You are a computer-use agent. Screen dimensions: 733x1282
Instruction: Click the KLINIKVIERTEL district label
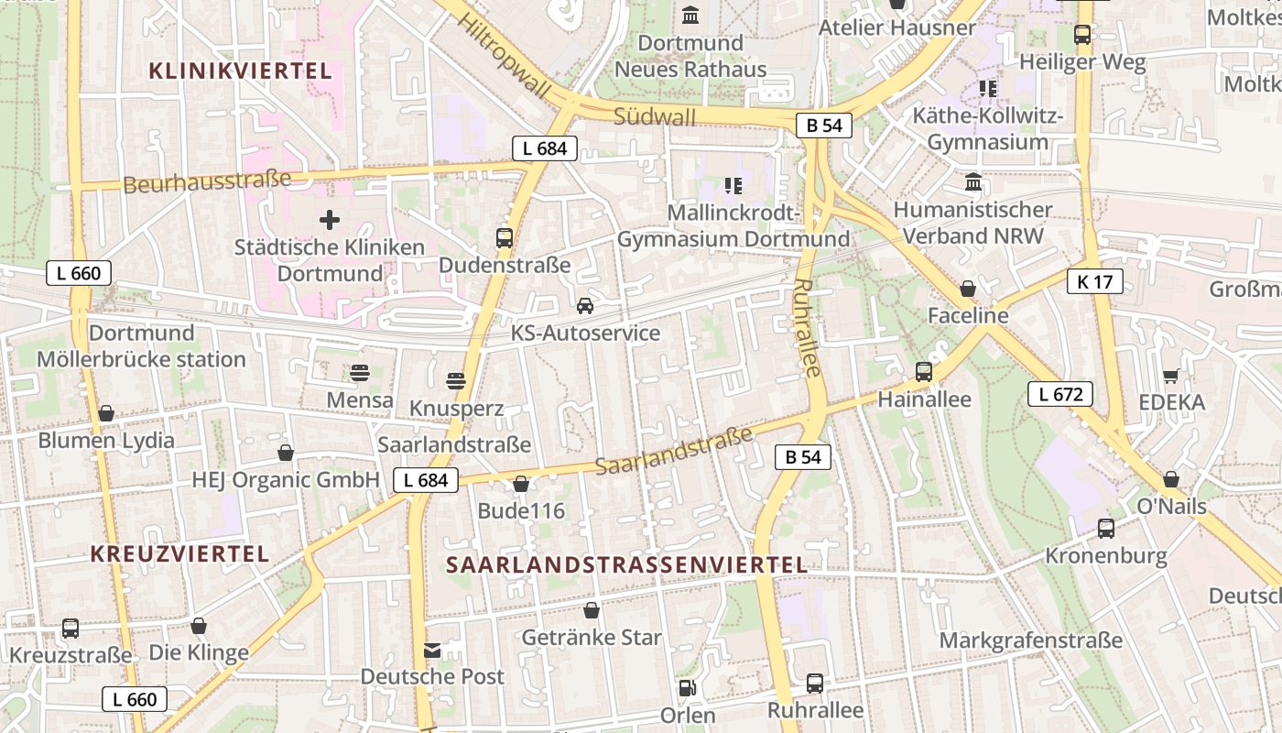[240, 71]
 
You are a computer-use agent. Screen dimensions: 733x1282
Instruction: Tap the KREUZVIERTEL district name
[180, 553]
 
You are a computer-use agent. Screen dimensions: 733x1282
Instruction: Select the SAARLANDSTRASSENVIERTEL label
[627, 564]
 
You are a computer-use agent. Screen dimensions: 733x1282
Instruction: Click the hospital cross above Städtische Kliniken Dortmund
[330, 220]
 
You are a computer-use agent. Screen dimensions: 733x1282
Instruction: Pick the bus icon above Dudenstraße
[505, 238]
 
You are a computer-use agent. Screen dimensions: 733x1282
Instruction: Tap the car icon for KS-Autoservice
[585, 305]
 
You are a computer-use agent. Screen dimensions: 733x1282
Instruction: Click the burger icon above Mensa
[360, 373]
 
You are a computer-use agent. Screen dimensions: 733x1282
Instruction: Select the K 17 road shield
[1095, 281]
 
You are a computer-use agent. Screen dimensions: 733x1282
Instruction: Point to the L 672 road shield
[1060, 395]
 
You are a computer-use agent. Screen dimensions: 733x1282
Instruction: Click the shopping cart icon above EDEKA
[1170, 376]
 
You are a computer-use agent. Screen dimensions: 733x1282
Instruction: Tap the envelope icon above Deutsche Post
[432, 651]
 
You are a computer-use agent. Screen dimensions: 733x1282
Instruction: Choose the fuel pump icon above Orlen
[686, 688]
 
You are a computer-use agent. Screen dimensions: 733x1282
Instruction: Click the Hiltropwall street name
[505, 56]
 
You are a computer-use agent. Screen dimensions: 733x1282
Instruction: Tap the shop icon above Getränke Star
[592, 610]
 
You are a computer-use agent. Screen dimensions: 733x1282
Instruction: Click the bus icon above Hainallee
[924, 372]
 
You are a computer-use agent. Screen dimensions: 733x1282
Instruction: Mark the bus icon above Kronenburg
[1106, 529]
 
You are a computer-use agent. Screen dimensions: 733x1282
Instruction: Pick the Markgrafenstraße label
[1031, 640]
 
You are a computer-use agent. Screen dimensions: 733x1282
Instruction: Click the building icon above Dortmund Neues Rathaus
[690, 16]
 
